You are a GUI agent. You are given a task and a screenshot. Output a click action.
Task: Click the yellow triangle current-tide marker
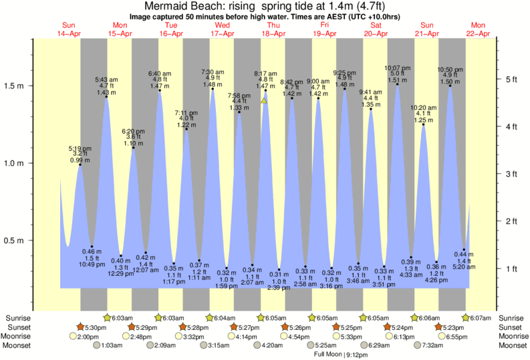point(265,101)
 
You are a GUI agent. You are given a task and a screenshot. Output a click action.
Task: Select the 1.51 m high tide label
point(396,80)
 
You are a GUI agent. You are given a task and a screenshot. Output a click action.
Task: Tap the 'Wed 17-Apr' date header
point(222,29)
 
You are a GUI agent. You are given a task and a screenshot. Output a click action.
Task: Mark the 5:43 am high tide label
point(107,79)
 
